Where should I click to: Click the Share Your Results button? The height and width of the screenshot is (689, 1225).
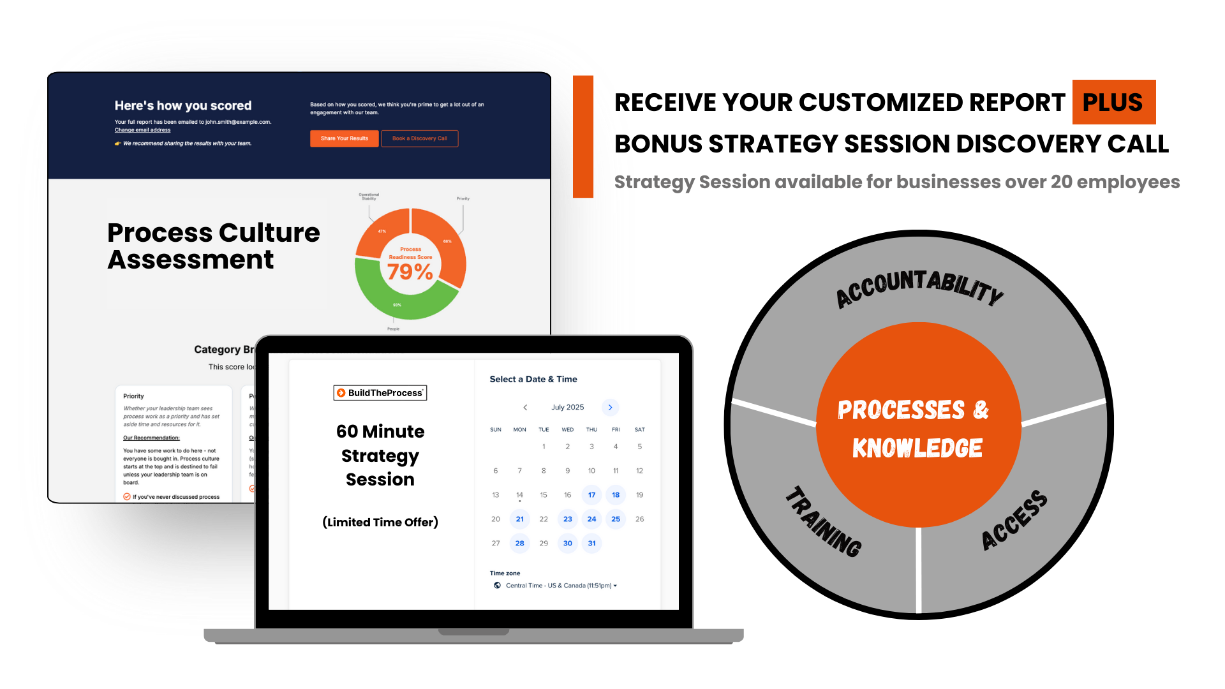tap(344, 138)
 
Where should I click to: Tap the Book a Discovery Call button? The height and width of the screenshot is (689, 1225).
tap(419, 138)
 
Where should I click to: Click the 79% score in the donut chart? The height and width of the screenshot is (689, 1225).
tap(410, 272)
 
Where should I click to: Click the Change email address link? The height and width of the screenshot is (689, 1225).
tap(142, 130)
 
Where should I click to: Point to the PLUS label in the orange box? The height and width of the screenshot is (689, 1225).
tap(1112, 103)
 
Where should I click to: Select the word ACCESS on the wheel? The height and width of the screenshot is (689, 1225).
tap(1014, 519)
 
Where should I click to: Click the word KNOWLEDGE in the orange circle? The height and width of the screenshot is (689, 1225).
tap(917, 448)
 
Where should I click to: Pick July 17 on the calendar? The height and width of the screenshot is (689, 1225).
tap(591, 495)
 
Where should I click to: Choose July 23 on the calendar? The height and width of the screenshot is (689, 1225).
tap(567, 519)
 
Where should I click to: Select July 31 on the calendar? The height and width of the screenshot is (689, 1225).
tap(591, 544)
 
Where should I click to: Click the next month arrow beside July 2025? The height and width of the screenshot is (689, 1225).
tap(610, 408)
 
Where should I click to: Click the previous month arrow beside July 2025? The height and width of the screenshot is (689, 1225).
tap(525, 408)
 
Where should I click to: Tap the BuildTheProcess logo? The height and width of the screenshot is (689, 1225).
tap(380, 393)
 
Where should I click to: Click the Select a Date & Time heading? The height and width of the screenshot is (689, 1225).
tap(533, 379)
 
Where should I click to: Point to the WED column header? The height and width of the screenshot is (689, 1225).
tap(567, 430)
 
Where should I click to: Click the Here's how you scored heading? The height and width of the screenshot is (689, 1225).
tap(183, 106)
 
